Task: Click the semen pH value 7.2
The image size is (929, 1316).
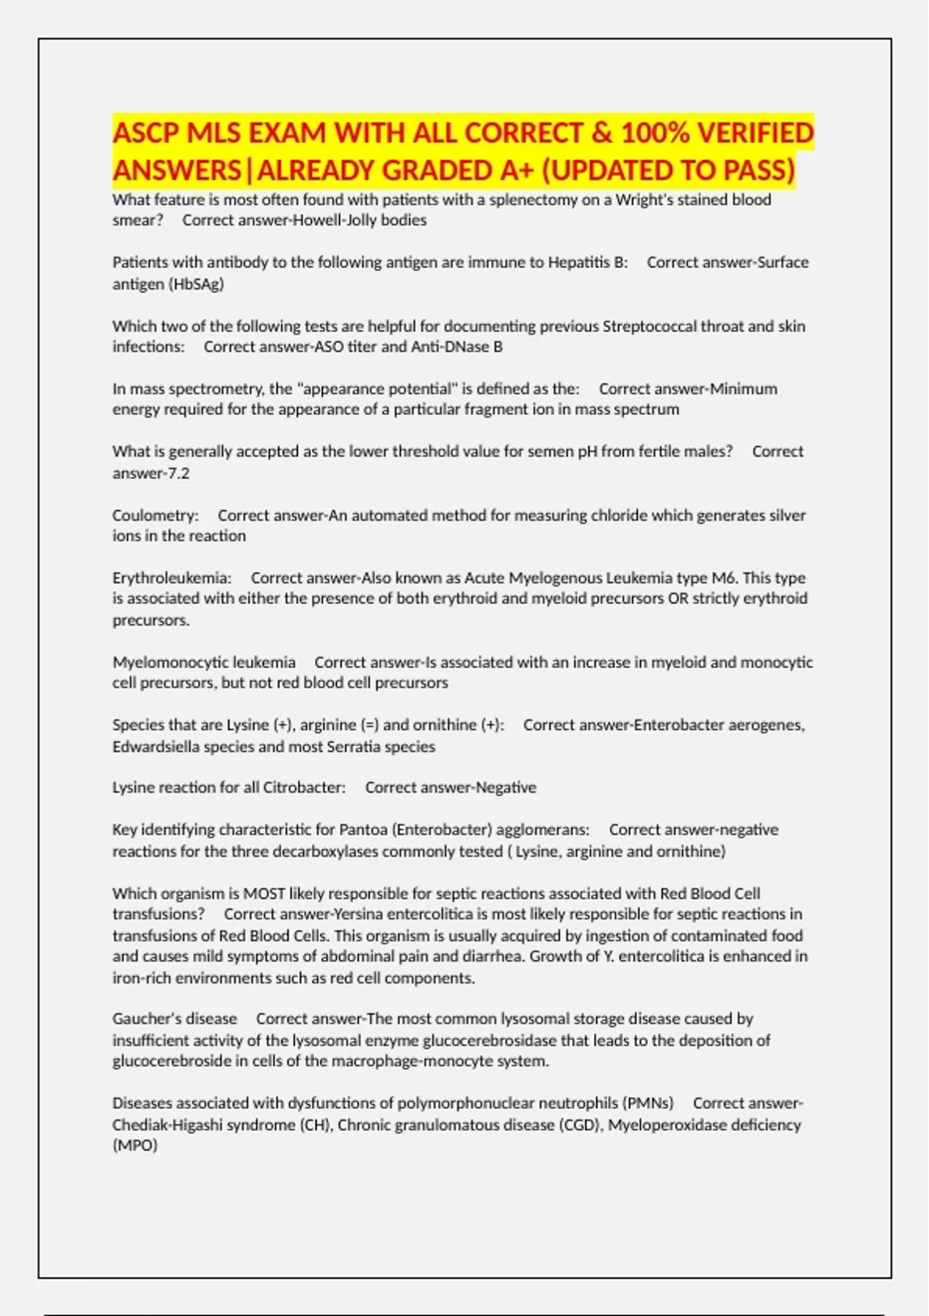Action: (x=178, y=473)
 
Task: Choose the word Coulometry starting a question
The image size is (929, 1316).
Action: (x=155, y=516)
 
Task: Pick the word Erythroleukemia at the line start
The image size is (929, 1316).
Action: (x=171, y=578)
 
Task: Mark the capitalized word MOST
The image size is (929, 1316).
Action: (x=264, y=893)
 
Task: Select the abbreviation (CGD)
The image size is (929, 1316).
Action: (x=580, y=1125)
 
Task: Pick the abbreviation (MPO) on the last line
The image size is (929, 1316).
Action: (x=135, y=1146)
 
